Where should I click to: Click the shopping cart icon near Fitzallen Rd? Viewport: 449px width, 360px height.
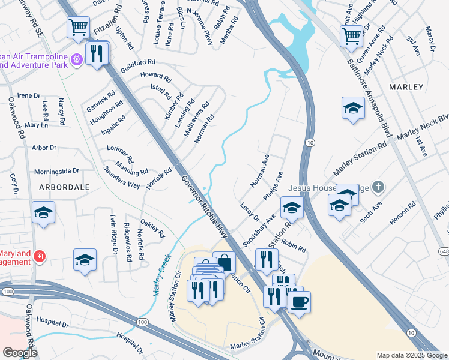78,28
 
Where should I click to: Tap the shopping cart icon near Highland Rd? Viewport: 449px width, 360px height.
351,35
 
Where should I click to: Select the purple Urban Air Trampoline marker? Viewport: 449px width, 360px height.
76,59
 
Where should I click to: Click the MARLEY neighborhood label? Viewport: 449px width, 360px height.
406,87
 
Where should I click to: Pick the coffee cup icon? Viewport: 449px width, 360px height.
298,301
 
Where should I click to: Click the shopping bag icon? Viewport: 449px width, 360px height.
224,262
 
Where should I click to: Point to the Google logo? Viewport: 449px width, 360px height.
19,352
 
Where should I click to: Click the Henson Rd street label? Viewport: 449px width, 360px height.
403,214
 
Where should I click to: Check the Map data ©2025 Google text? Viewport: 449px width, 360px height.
411,355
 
